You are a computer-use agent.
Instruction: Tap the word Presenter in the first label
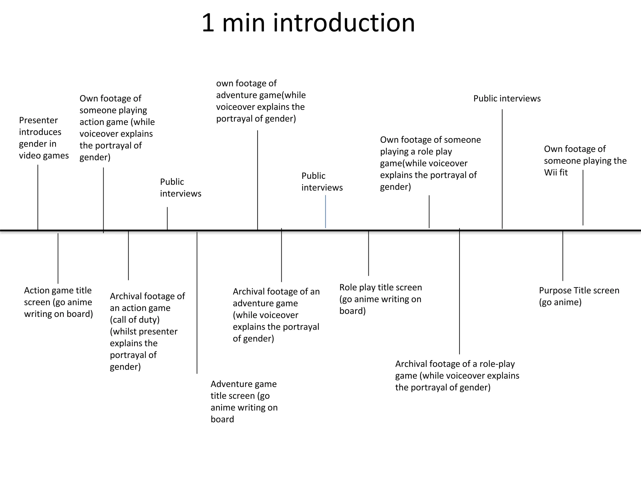tap(38, 120)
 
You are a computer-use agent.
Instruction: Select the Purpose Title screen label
tap(579, 296)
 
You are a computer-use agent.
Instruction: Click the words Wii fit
tap(556, 173)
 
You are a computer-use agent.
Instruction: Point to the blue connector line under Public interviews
tap(326, 211)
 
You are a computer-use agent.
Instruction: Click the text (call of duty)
tap(135, 320)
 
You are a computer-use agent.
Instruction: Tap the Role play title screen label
tap(381, 299)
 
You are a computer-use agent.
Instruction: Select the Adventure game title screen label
tap(244, 401)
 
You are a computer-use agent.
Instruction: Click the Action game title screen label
tap(58, 302)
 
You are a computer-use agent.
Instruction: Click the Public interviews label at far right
tap(507, 98)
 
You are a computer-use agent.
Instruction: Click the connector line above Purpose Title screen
tap(563, 255)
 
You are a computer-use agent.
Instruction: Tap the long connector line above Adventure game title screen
tap(197, 302)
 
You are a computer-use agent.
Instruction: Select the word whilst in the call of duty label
tap(126, 332)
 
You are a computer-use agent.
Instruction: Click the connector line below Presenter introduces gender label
tap(38, 197)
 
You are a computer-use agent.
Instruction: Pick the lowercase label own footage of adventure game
tap(260, 101)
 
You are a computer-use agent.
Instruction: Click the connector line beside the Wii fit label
tap(583, 197)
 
